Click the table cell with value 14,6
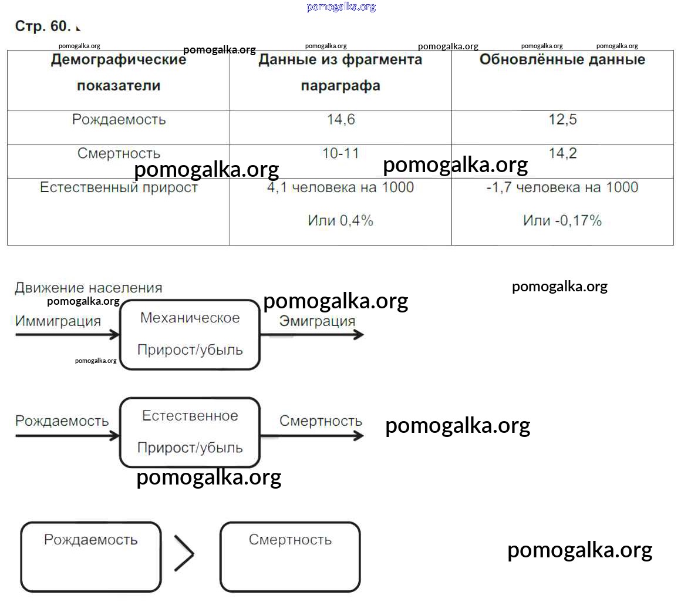(340, 127)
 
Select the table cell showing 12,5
(562, 127)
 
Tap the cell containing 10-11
(340, 161)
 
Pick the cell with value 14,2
(562, 161)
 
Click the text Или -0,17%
(562, 221)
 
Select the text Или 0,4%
(340, 221)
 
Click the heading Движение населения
(89, 288)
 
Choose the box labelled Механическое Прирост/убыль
(190, 334)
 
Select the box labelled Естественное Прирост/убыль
(190, 432)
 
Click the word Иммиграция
(58, 321)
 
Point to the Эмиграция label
(317, 321)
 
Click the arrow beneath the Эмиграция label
(312, 334)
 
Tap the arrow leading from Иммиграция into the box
(68, 334)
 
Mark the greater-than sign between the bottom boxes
(184, 553)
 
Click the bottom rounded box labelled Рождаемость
(91, 557)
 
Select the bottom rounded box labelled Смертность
(290, 557)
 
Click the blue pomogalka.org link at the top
(341, 7)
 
